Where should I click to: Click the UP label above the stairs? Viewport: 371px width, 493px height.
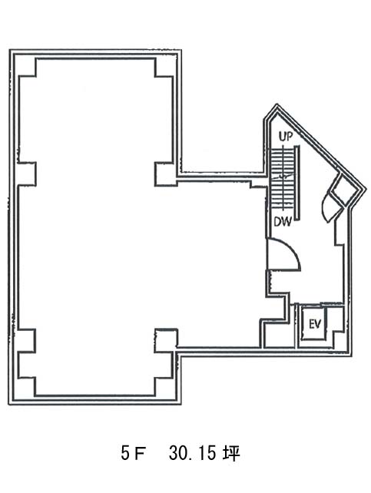[x=286, y=137]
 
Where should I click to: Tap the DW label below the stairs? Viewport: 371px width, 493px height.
[x=283, y=222]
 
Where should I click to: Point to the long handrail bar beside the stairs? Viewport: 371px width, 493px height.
[x=296, y=184]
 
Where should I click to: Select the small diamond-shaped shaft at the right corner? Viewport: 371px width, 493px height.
[x=343, y=190]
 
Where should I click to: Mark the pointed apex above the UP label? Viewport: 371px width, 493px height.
[x=277, y=104]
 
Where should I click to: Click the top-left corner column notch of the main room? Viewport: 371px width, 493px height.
[x=28, y=68]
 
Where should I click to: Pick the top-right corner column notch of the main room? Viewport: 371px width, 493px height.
[x=164, y=68]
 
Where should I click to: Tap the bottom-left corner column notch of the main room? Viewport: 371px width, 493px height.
[x=27, y=387]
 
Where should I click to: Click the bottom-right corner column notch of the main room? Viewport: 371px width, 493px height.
[x=164, y=387]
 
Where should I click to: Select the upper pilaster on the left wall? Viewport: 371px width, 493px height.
[x=27, y=174]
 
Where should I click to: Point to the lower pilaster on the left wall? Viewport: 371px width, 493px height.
[x=27, y=341]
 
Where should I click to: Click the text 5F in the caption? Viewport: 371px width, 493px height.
[x=132, y=454]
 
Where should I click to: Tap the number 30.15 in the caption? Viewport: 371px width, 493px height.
[x=192, y=454]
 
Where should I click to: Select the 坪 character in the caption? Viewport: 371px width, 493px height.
[x=231, y=454]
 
